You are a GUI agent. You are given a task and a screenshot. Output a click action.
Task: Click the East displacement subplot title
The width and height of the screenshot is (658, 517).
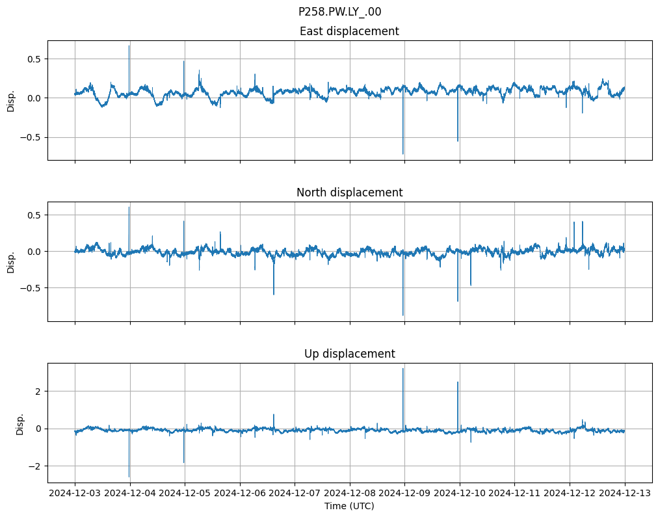coord(349,31)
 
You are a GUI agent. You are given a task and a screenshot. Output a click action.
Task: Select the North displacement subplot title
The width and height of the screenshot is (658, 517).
coord(349,192)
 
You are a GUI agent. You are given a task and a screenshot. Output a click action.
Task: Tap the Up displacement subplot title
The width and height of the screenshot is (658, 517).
coord(349,354)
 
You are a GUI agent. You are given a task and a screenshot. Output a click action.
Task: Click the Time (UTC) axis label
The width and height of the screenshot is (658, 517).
coord(349,506)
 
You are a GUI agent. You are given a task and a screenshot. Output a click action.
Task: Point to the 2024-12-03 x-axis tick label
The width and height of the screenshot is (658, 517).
coord(75,494)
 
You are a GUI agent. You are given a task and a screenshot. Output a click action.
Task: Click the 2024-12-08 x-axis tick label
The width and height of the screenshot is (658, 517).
coord(350,494)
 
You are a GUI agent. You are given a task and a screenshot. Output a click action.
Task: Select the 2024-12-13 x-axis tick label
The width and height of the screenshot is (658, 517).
coord(625,494)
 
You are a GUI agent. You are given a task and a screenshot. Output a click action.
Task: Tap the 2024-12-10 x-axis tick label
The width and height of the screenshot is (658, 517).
coord(460,494)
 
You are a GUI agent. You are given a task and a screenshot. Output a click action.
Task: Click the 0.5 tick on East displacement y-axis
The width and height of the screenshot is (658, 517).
coord(33,59)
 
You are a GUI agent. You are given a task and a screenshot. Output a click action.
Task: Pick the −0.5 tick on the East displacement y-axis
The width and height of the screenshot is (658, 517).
coord(30,137)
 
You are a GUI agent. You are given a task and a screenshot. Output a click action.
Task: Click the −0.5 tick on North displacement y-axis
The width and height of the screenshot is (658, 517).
coord(30,287)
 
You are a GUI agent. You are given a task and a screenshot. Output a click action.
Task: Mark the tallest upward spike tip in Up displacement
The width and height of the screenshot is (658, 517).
coord(403,369)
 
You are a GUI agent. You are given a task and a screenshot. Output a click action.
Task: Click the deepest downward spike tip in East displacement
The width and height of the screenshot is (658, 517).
coord(403,154)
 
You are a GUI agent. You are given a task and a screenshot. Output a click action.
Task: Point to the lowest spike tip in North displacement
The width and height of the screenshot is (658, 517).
coord(403,315)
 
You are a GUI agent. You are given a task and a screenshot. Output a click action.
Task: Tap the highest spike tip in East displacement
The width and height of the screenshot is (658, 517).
coord(129,46)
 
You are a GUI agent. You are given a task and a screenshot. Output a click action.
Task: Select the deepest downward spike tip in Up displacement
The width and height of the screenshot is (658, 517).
coord(129,477)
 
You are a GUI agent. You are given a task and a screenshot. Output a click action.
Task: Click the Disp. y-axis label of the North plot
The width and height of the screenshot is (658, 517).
coord(11,261)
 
